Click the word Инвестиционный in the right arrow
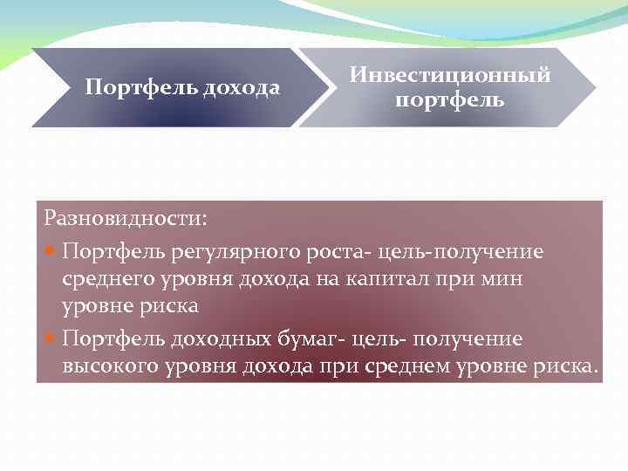coord(449,76)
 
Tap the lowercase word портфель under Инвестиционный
coord(449,100)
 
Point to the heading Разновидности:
coord(126,215)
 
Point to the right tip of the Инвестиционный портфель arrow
coord(596,87)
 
